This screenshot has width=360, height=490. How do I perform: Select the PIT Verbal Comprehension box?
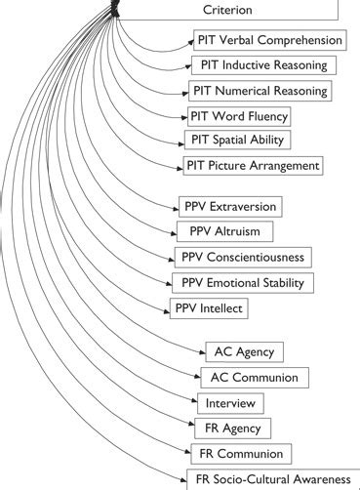[x=270, y=41]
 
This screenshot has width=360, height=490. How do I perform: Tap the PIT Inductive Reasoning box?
[x=264, y=66]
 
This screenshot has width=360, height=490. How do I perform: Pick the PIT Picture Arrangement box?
[x=253, y=166]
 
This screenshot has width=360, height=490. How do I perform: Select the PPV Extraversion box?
[x=230, y=207]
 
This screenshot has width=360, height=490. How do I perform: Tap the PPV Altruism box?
[x=224, y=232]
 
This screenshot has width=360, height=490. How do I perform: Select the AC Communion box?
[x=255, y=377]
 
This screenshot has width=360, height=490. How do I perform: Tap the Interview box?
[x=230, y=402]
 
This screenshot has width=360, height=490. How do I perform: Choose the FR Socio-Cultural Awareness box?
[x=273, y=479]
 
